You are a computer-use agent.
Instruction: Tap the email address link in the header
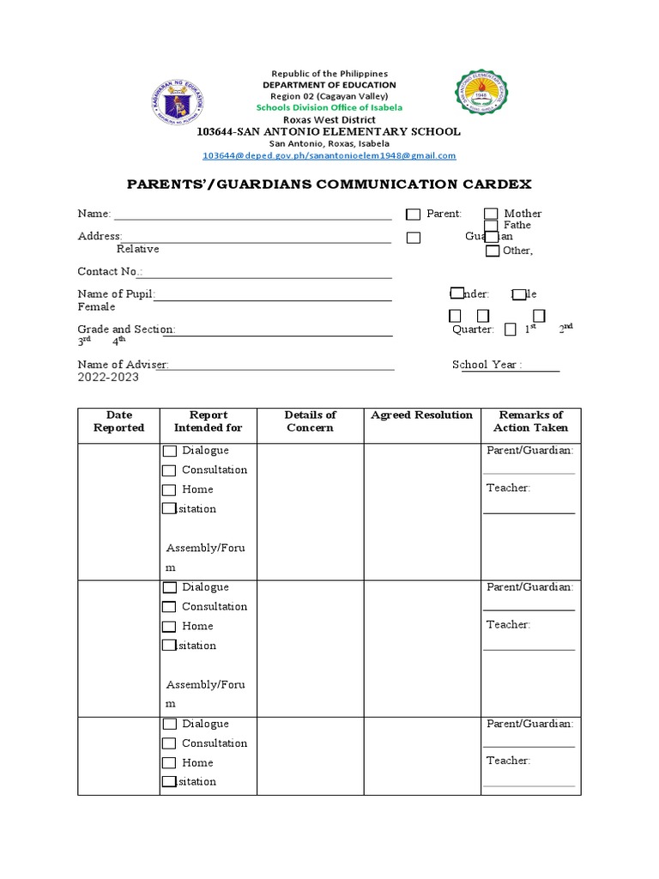(x=329, y=155)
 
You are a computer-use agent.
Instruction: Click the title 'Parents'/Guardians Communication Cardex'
(x=329, y=184)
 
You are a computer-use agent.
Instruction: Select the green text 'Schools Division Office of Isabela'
(x=329, y=107)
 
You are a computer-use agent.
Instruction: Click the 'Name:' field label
(x=94, y=214)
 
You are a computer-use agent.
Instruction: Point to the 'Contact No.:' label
(x=110, y=271)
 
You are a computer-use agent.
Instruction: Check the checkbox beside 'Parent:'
(x=414, y=215)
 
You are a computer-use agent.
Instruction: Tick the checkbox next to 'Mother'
(x=491, y=214)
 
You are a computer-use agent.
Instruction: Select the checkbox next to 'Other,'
(x=492, y=252)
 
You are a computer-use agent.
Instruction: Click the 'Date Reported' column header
(x=118, y=421)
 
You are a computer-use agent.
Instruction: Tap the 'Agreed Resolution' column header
(x=421, y=415)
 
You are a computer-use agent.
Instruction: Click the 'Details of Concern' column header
(x=310, y=421)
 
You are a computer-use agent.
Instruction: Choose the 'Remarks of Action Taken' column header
(x=530, y=421)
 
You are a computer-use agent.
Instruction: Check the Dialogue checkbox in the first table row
(x=170, y=451)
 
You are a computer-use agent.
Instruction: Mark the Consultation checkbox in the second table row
(x=170, y=607)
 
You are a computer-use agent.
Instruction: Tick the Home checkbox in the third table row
(x=170, y=763)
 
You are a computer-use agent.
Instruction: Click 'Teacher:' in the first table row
(x=508, y=488)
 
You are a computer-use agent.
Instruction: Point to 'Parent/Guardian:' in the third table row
(x=529, y=724)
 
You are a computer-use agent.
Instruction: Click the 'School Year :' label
(x=487, y=365)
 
